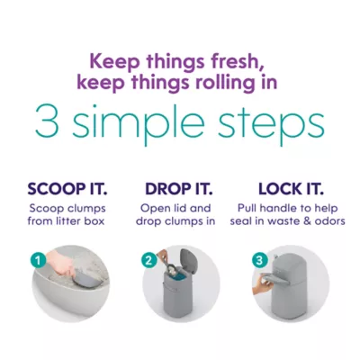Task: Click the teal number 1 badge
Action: click(x=38, y=260)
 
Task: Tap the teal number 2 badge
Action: click(x=148, y=260)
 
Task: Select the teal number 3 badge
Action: click(x=259, y=260)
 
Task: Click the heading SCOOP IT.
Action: click(x=67, y=189)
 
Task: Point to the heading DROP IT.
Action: click(x=179, y=189)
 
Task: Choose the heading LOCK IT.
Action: click(x=291, y=189)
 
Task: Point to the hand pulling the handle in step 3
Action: click(x=262, y=285)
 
